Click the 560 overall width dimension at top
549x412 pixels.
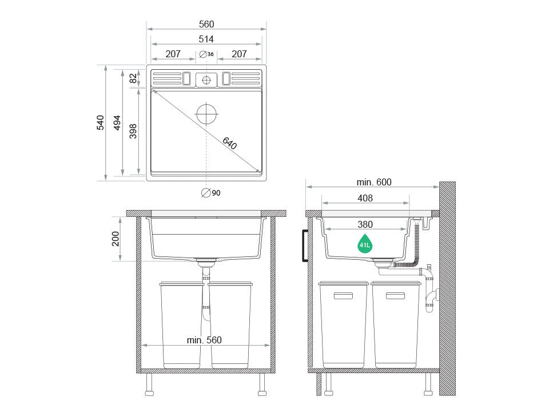pyautogui.click(x=206, y=24)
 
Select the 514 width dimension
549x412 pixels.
pyautogui.click(x=206, y=39)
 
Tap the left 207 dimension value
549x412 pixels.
pyautogui.click(x=173, y=54)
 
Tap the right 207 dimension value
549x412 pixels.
pyautogui.click(x=239, y=54)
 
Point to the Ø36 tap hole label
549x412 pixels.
pyautogui.click(x=207, y=54)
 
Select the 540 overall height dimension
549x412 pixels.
pyautogui.click(x=100, y=122)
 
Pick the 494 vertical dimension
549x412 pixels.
pyautogui.click(x=117, y=122)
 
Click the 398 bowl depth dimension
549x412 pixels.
pyautogui.click(x=133, y=131)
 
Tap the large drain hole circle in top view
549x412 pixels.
pyautogui.click(x=206, y=114)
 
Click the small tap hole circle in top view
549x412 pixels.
pyautogui.click(x=206, y=80)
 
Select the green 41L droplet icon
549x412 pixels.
pyautogui.click(x=365, y=244)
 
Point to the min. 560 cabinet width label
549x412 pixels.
pyautogui.click(x=204, y=340)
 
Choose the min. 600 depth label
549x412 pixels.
pyautogui.click(x=374, y=183)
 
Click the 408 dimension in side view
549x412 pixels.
pyautogui.click(x=365, y=198)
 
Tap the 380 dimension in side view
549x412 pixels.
pyautogui.click(x=365, y=224)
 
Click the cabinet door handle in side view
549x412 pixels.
pyautogui.click(x=305, y=245)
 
